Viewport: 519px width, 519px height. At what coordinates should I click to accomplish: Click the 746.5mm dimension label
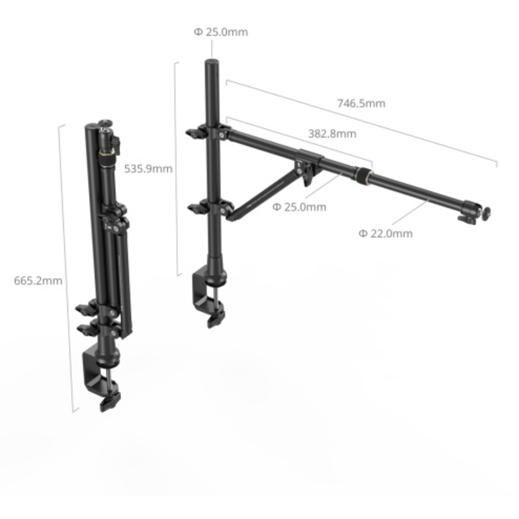click(361, 103)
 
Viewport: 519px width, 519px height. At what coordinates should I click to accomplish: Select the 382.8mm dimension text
click(332, 134)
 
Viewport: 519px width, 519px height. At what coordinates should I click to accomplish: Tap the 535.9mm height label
click(148, 169)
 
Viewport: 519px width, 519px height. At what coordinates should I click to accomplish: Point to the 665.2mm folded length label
click(38, 280)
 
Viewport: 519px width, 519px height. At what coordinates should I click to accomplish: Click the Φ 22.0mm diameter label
click(385, 234)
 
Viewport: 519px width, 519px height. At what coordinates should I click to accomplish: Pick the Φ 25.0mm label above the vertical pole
click(221, 32)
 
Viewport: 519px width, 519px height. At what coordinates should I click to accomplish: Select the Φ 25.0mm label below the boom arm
click(299, 207)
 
